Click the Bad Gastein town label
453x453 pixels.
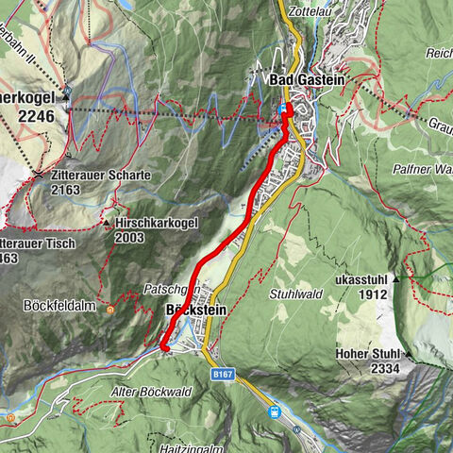click(307, 80)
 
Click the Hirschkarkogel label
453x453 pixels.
click(157, 224)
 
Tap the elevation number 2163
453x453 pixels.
click(66, 190)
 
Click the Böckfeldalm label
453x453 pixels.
click(54, 307)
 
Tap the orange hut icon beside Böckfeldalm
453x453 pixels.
click(110, 308)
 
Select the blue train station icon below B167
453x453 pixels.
click(275, 411)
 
